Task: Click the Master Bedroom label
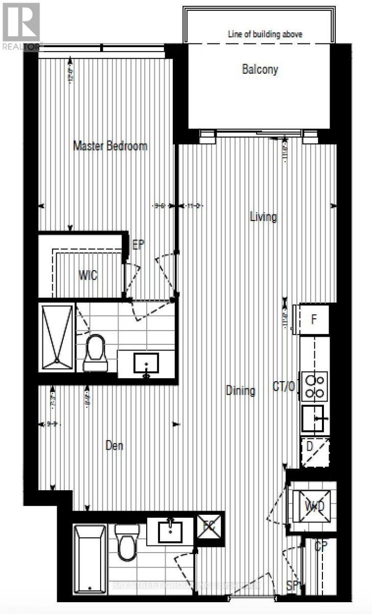[110, 146]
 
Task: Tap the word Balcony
[260, 69]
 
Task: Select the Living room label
[263, 217]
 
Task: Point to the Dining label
[240, 391]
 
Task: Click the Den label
[114, 446]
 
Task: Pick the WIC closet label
[87, 276]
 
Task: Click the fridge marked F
[314, 320]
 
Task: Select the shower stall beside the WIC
[57, 338]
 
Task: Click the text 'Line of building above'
[265, 34]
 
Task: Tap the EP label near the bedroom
[138, 245]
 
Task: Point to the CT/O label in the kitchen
[284, 386]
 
